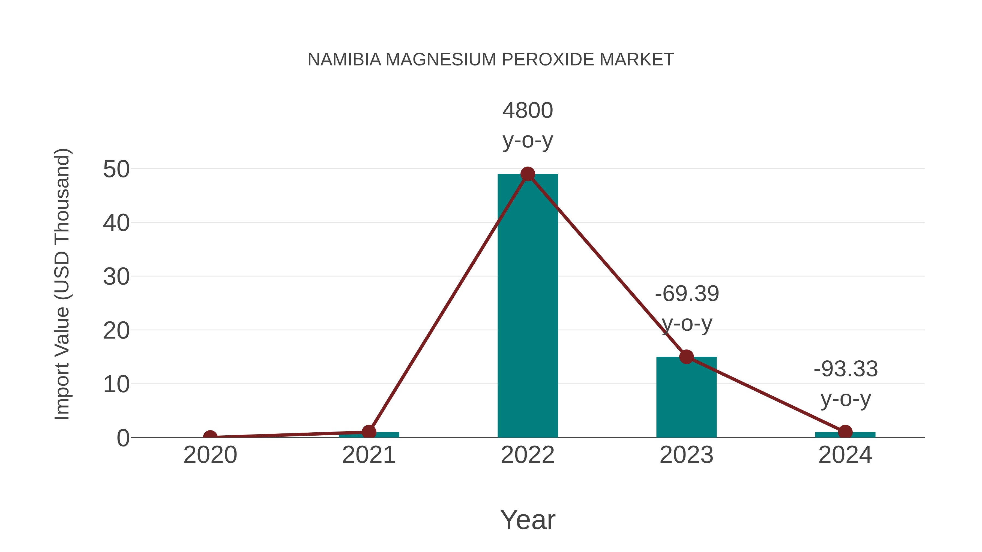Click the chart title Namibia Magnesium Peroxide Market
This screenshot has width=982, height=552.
click(491, 60)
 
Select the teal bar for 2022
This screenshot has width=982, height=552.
click(528, 305)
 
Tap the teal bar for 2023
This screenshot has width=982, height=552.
click(686, 398)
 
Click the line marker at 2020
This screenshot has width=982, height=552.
click(210, 437)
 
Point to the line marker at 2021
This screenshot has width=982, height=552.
click(369, 432)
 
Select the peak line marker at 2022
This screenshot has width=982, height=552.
click(528, 174)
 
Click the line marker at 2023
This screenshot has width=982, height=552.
click(686, 357)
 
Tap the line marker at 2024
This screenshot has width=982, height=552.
click(845, 432)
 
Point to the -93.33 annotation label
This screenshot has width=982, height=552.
click(846, 369)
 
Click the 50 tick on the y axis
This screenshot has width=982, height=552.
click(116, 169)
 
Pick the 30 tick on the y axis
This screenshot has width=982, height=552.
click(116, 277)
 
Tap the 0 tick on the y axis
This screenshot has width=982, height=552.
click(123, 438)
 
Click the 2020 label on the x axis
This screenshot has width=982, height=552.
click(210, 455)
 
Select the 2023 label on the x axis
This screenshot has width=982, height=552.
click(686, 455)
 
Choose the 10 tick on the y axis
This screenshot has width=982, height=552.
click(116, 384)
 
